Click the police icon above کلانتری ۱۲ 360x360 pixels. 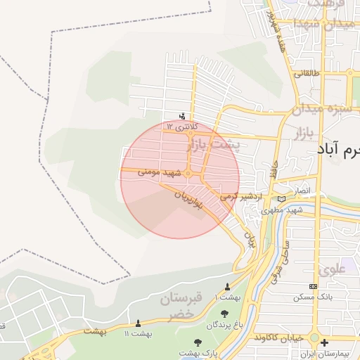[x=183, y=116]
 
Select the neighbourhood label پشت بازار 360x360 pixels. [x=212, y=146]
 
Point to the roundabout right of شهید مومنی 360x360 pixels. [x=189, y=172]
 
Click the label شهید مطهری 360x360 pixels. [x=282, y=210]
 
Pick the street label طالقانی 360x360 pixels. [x=307, y=72]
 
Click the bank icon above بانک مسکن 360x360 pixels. [x=312, y=286]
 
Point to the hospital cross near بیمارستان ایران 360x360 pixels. [x=323, y=343]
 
